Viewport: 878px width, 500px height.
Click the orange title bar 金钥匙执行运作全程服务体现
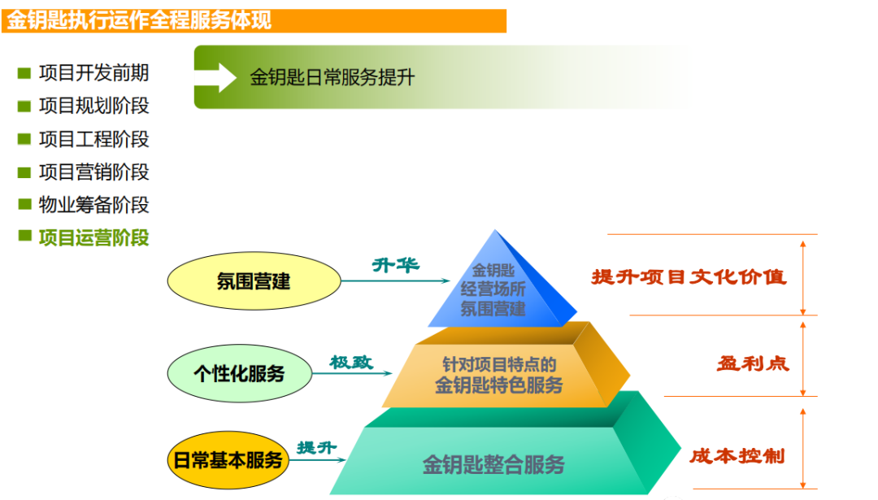(254, 20)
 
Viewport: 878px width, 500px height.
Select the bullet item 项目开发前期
(93, 73)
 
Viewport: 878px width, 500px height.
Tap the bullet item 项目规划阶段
(93, 106)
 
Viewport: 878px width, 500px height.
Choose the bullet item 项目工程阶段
(93, 139)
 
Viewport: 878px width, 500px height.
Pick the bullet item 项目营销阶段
(93, 172)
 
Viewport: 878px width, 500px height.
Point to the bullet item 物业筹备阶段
(93, 205)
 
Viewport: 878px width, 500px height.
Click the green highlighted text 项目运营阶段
(93, 238)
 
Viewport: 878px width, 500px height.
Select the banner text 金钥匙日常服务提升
(332, 77)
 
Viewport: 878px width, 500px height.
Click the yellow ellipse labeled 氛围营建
(254, 280)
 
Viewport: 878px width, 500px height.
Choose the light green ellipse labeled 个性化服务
(240, 373)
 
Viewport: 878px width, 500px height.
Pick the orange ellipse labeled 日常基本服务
(228, 459)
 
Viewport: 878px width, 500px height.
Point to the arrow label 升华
(396, 265)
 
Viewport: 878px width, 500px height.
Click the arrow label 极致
(351, 363)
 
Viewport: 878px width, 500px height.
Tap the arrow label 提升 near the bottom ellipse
(316, 447)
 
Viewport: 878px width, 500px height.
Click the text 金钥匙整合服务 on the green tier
(493, 465)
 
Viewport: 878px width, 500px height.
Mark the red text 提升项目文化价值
(689, 276)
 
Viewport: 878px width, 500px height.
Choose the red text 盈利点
(753, 364)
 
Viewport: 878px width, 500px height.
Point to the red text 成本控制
(737, 456)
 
